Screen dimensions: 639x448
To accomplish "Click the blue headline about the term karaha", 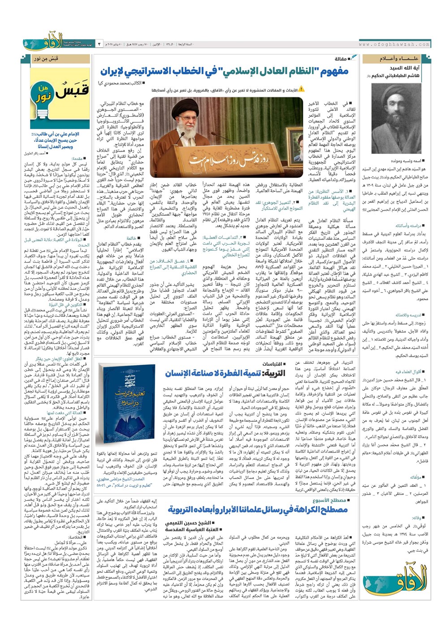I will tap(251, 509).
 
